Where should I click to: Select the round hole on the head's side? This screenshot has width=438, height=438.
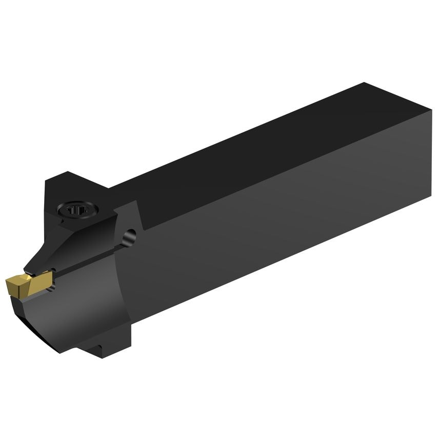[131, 236]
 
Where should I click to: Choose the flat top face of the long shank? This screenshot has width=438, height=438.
[256, 149]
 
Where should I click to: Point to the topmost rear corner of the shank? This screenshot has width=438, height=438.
[364, 83]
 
